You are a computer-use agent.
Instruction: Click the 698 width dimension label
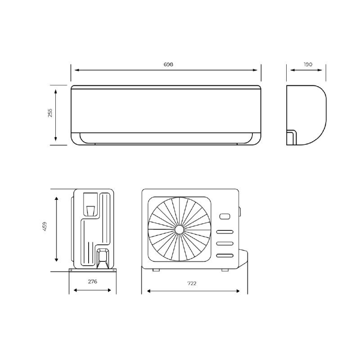click(168, 64)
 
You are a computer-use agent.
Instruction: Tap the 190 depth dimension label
click(308, 64)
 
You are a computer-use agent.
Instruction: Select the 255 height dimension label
click(50, 113)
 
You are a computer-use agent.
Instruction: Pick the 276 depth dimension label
click(93, 282)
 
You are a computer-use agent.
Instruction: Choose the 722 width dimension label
click(192, 283)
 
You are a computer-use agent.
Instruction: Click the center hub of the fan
click(179, 229)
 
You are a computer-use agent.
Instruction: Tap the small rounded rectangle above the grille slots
click(225, 216)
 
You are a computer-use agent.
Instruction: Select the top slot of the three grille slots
click(225, 232)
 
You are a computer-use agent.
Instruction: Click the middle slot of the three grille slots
click(225, 243)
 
